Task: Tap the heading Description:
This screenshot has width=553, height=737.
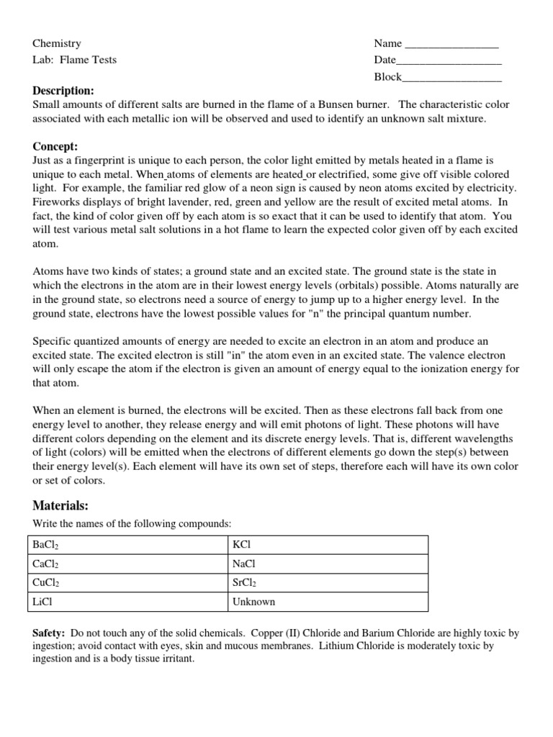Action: click(63, 91)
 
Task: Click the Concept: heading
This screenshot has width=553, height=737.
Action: click(55, 146)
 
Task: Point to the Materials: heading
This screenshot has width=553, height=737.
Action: click(60, 506)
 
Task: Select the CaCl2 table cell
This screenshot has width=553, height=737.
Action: click(128, 564)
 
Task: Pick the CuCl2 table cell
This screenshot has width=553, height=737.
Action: click(128, 583)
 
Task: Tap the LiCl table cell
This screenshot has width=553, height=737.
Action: click(128, 602)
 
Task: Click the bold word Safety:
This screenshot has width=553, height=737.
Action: click(49, 633)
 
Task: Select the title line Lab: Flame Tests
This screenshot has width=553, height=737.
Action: click(74, 60)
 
